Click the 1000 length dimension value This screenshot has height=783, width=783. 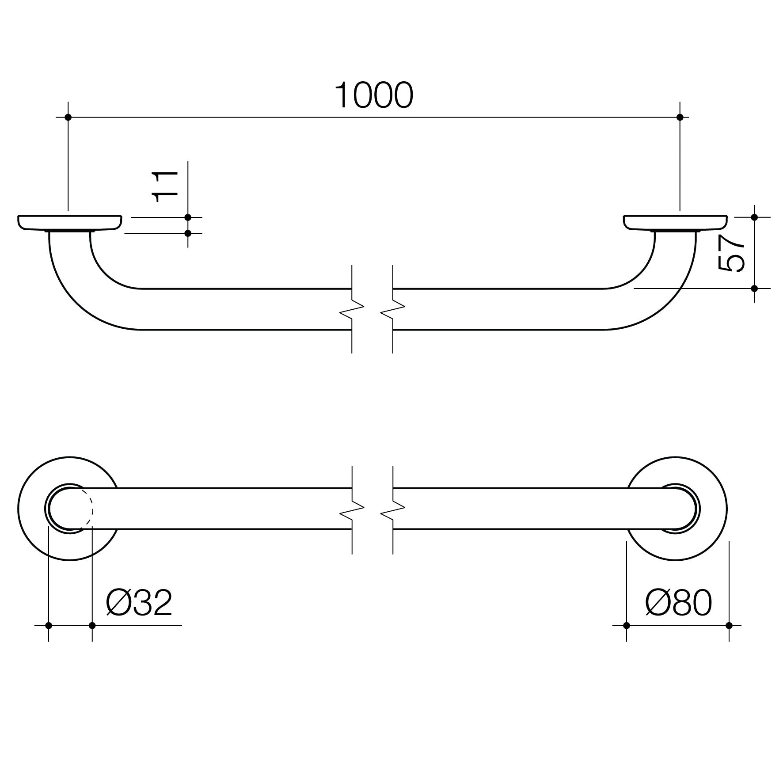click(374, 95)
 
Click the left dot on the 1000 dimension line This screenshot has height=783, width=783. click(68, 117)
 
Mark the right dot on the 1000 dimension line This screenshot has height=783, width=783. click(680, 117)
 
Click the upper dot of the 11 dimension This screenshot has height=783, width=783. click(188, 217)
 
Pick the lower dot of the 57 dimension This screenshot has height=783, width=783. click(754, 289)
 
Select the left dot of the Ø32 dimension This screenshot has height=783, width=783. click(49, 626)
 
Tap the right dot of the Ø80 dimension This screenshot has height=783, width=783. click(729, 626)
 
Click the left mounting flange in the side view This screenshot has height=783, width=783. click(70, 223)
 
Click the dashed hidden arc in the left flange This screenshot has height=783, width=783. click(92, 508)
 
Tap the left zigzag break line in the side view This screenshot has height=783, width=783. click(352, 309)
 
